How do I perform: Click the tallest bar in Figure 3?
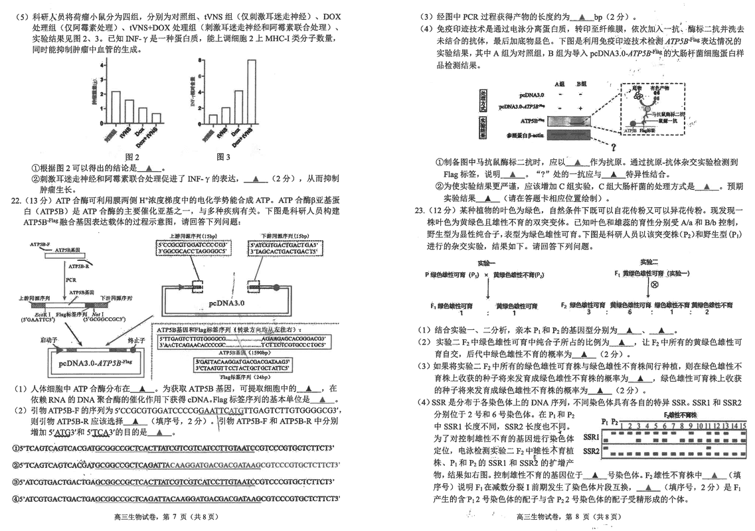click(x=252, y=92)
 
